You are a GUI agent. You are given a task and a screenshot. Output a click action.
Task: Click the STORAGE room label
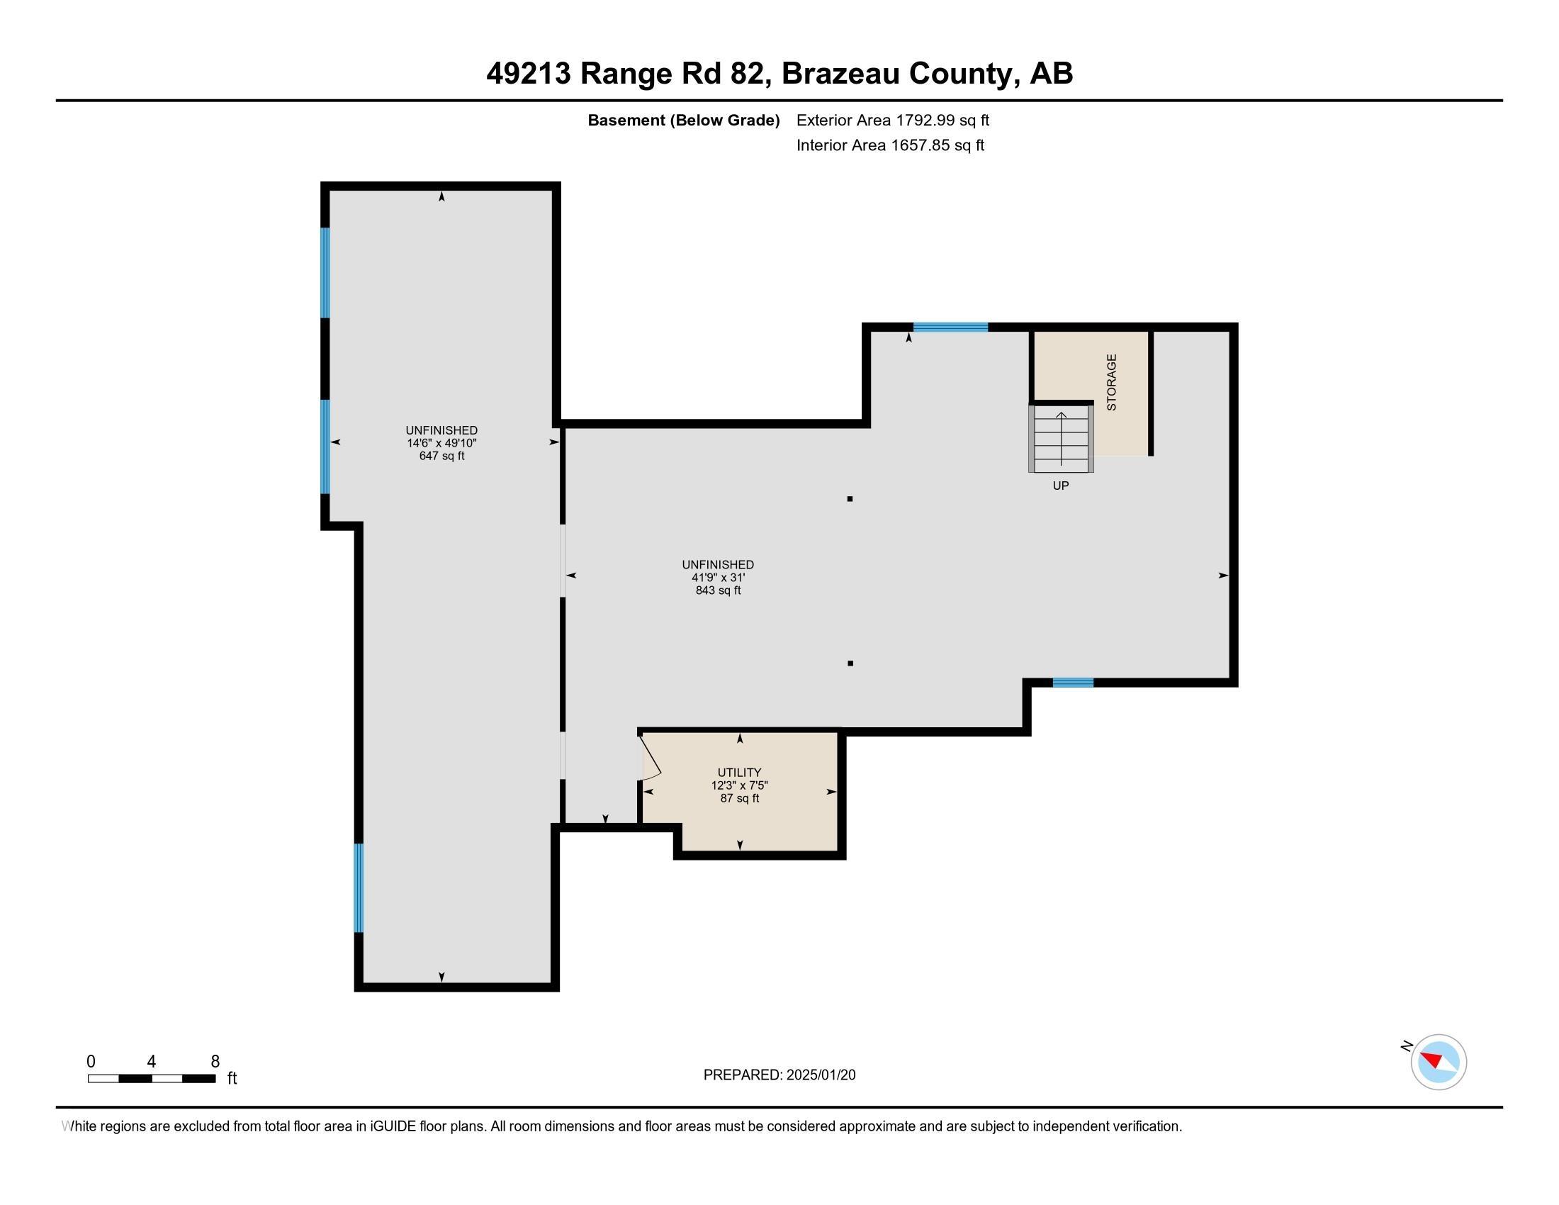(x=1111, y=382)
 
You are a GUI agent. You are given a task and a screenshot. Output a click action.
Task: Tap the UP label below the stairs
(x=1061, y=486)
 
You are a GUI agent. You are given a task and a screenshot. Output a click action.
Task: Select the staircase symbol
(x=1061, y=438)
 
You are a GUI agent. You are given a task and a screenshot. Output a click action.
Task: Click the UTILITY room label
(x=740, y=773)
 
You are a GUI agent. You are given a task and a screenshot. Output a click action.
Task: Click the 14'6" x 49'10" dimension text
(x=442, y=443)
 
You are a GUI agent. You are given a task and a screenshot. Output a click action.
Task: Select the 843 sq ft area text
(x=718, y=590)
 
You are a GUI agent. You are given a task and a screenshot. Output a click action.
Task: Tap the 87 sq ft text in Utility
(x=740, y=798)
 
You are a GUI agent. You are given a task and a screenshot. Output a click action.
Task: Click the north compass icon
(x=1438, y=1062)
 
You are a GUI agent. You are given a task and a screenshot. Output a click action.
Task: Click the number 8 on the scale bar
(x=215, y=1062)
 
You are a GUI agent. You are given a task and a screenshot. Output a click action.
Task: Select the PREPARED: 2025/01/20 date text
(x=779, y=1075)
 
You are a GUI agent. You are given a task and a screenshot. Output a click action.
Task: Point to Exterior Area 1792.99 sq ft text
(x=892, y=120)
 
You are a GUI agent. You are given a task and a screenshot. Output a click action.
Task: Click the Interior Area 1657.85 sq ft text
(x=890, y=145)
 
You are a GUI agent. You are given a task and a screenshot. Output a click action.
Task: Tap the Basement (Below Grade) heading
(x=683, y=120)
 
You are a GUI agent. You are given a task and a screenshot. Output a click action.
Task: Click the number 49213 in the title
(x=528, y=74)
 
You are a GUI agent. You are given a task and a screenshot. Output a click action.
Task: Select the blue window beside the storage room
(x=950, y=327)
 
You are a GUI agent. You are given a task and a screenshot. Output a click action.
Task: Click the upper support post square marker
(x=850, y=499)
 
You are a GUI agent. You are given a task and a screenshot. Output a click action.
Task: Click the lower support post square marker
(x=850, y=663)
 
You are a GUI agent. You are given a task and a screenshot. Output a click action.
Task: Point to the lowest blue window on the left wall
(x=359, y=888)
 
